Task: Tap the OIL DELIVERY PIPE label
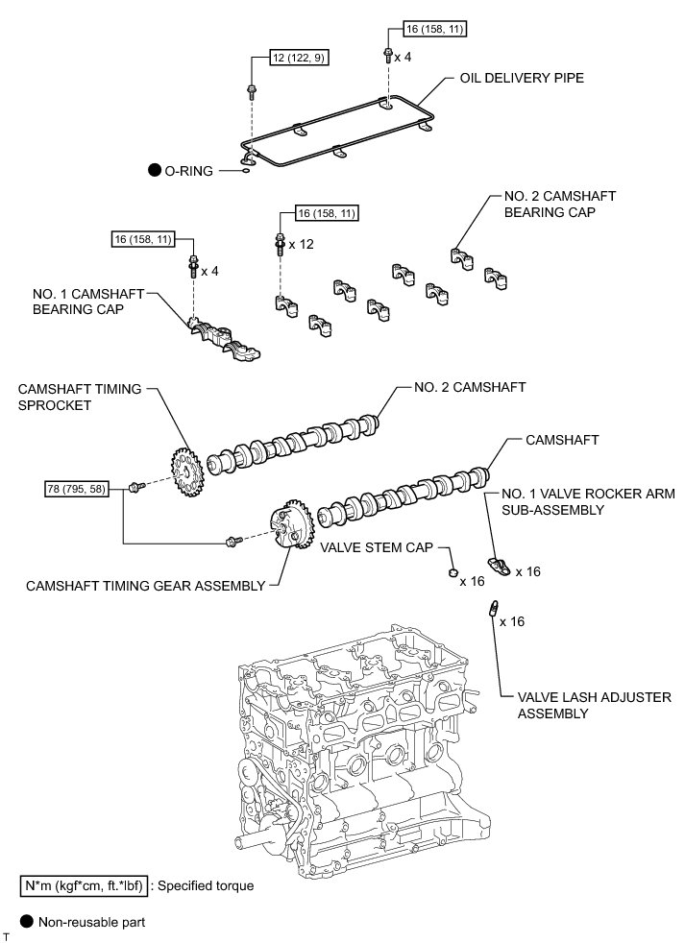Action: tap(523, 78)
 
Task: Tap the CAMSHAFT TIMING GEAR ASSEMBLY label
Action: tap(145, 585)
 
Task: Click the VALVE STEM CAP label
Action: tap(388, 549)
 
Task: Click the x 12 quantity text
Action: tap(301, 244)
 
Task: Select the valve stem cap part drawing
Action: tap(450, 573)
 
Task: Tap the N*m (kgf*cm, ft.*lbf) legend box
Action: tap(83, 885)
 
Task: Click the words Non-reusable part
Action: tap(91, 922)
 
